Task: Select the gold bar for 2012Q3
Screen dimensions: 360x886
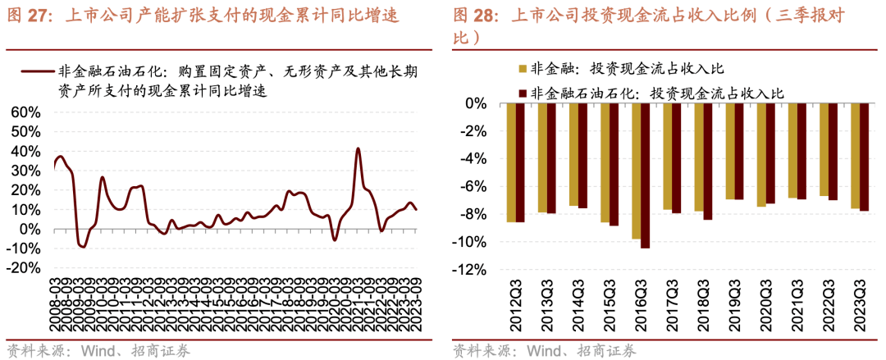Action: (x=511, y=163)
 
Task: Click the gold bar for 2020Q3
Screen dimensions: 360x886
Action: (x=761, y=155)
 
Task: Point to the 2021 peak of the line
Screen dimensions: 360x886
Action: (x=359, y=148)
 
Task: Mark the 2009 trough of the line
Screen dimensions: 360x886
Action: (x=81, y=246)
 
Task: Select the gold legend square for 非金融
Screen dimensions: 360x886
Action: (x=522, y=68)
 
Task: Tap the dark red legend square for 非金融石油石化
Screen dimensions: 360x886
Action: (x=522, y=93)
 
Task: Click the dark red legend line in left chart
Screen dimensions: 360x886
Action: (x=38, y=72)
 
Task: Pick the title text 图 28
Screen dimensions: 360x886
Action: (x=477, y=15)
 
